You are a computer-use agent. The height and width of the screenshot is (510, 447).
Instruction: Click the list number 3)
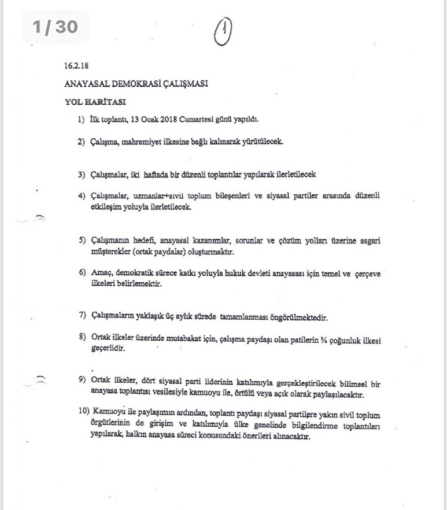click(82, 174)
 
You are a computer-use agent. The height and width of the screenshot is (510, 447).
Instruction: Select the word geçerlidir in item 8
click(109, 349)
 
